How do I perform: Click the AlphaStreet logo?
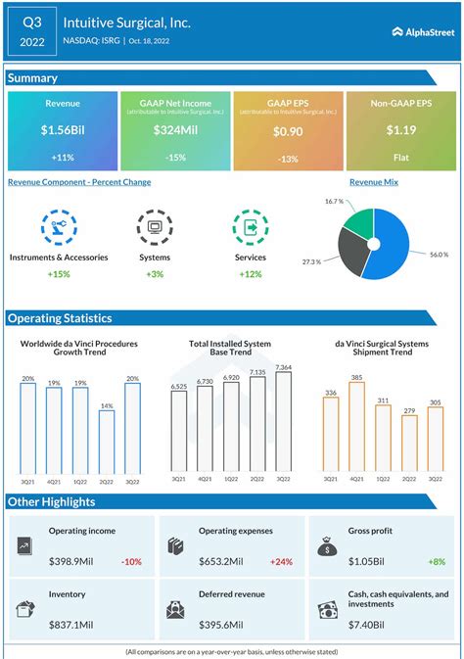click(423, 31)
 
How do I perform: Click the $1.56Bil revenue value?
click(62, 130)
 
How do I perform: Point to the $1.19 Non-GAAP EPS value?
click(400, 130)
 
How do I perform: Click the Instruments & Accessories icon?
click(58, 228)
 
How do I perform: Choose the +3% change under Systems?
click(155, 273)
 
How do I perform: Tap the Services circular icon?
click(251, 228)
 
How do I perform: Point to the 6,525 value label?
click(179, 387)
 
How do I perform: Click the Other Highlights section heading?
click(51, 501)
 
